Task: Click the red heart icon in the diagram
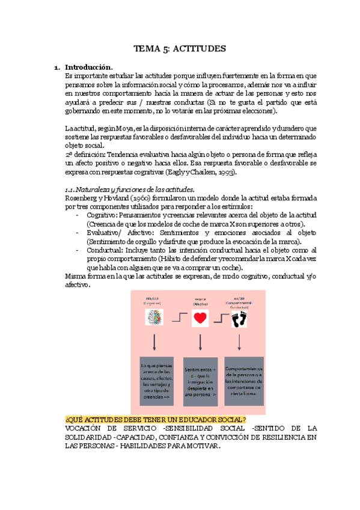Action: pyautogui.click(x=200, y=319)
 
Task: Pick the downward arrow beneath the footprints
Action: pyautogui.click(x=240, y=343)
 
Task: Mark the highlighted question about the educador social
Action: pyautogui.click(x=155, y=419)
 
